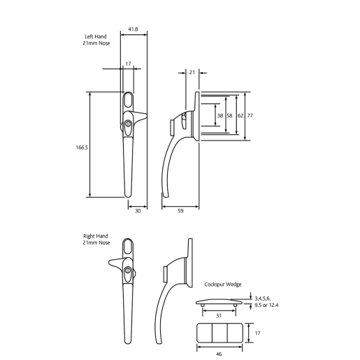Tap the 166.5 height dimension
click(x=81, y=147)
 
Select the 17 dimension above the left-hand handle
click(x=128, y=64)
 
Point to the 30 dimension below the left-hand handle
click(x=137, y=210)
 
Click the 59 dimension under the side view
click(x=180, y=210)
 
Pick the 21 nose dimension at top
click(x=192, y=72)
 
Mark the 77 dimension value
click(x=250, y=115)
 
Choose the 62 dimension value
click(x=240, y=115)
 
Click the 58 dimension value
click(x=230, y=115)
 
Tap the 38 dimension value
click(x=220, y=115)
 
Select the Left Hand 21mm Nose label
click(x=96, y=41)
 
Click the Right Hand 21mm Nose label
click(x=96, y=239)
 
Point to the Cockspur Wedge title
click(x=223, y=285)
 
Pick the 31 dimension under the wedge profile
click(x=218, y=315)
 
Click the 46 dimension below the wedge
click(x=219, y=354)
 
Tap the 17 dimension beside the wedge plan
click(x=257, y=333)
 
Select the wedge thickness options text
click(x=266, y=301)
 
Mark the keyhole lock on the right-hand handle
click(x=129, y=271)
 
